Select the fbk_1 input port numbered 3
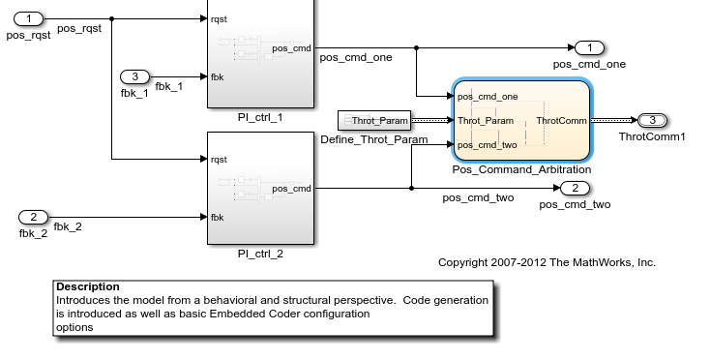(x=135, y=76)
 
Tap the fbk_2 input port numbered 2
(x=33, y=216)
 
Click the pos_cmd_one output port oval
(x=589, y=47)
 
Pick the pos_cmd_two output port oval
(x=575, y=188)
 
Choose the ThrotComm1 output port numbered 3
(x=652, y=120)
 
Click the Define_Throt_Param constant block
(x=373, y=120)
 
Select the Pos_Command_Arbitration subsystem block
(x=520, y=120)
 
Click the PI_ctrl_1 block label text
(x=260, y=116)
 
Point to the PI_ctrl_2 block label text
(x=260, y=255)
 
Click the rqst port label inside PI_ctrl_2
(x=219, y=159)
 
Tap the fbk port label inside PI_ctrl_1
(x=218, y=76)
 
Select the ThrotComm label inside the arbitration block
(x=561, y=121)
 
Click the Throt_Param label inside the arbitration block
(x=486, y=121)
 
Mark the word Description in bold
(x=88, y=287)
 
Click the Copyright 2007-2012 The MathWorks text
(x=547, y=262)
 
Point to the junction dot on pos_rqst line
(x=112, y=18)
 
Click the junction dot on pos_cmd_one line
(x=416, y=47)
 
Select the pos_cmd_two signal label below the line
(x=478, y=198)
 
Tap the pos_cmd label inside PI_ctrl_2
(x=291, y=188)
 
